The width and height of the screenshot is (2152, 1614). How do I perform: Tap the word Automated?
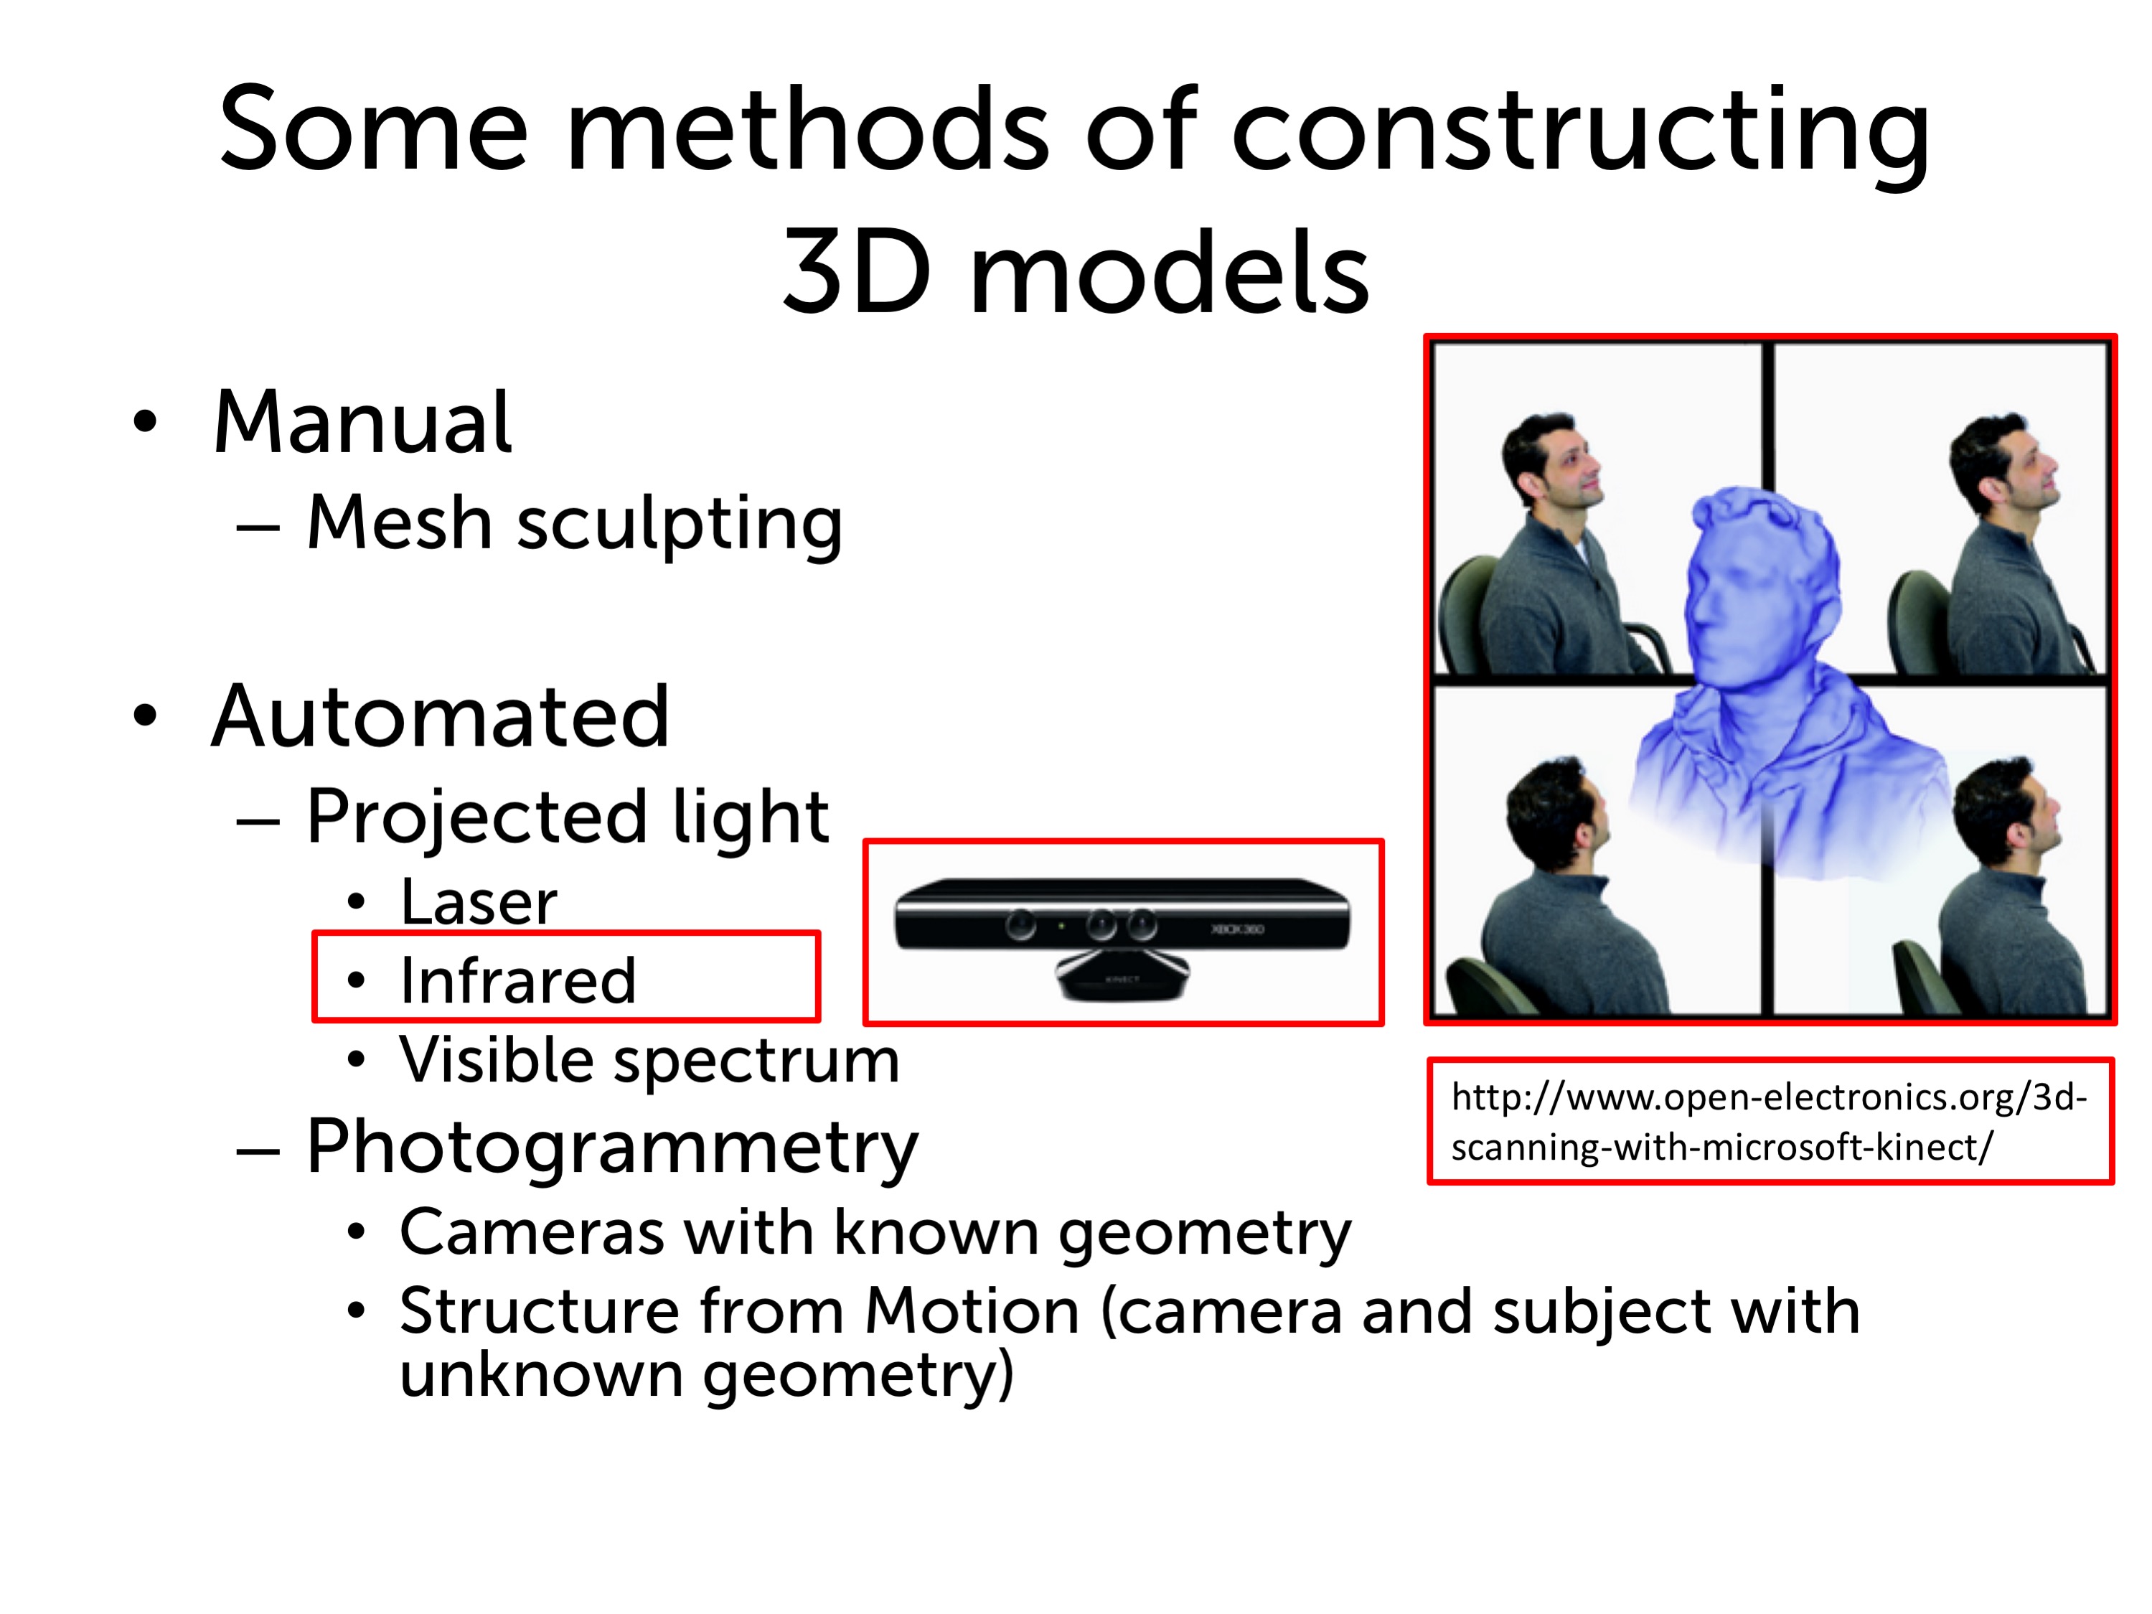(x=441, y=717)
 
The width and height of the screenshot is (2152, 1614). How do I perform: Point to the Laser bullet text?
(x=479, y=902)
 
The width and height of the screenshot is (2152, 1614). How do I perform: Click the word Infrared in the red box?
(x=517, y=980)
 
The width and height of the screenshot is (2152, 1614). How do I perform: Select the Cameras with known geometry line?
(x=875, y=1234)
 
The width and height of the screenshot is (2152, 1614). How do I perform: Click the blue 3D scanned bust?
(x=1780, y=681)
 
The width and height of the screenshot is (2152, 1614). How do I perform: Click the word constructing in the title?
(x=1580, y=133)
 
